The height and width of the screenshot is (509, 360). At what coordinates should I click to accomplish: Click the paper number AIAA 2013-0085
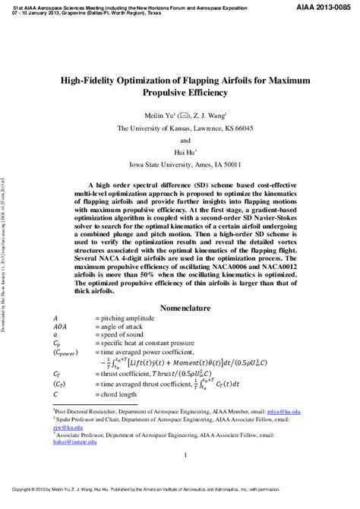pos(327,5)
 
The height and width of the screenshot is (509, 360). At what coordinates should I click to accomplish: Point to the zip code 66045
pos(249,128)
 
